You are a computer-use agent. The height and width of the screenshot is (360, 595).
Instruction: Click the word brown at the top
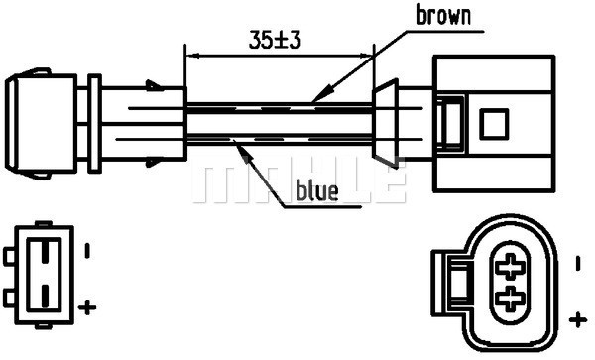point(443,15)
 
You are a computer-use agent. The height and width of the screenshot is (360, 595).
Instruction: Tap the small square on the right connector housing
point(494,124)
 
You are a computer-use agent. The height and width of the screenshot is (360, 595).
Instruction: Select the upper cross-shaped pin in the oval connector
point(512,266)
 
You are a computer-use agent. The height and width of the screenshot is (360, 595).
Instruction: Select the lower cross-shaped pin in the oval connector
point(512,297)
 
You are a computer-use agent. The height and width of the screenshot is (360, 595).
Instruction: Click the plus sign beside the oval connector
point(577,318)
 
